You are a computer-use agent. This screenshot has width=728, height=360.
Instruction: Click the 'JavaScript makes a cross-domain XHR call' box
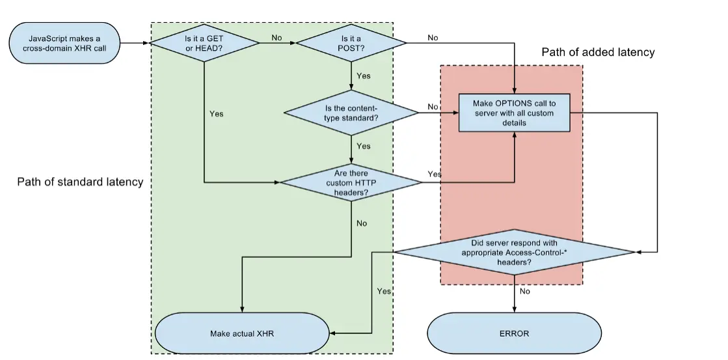pyautogui.click(x=64, y=43)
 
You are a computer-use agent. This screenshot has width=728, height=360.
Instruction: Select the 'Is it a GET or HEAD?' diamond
pyautogui.click(x=204, y=43)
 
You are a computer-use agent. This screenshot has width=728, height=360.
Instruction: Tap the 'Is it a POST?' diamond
pyautogui.click(x=351, y=43)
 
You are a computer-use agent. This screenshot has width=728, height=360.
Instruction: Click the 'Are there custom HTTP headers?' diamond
pyautogui.click(x=351, y=182)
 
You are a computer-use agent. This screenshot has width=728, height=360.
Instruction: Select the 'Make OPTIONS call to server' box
pyautogui.click(x=515, y=113)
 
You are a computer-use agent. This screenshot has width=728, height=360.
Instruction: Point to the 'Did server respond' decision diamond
pyautogui.click(x=513, y=251)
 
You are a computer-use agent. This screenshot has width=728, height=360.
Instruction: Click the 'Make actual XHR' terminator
pyautogui.click(x=242, y=333)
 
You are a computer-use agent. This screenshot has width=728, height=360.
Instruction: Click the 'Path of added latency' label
pyautogui.click(x=598, y=52)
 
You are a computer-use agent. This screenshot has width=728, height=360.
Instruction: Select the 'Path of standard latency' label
pyautogui.click(x=80, y=182)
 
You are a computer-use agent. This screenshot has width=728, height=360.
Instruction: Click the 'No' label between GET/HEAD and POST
pyautogui.click(x=276, y=38)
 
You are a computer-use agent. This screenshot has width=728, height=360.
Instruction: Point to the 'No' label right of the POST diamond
pyautogui.click(x=433, y=38)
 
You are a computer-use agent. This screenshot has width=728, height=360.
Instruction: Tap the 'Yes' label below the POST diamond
pyautogui.click(x=364, y=76)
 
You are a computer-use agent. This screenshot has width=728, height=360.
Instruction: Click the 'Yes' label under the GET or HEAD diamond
pyautogui.click(x=217, y=114)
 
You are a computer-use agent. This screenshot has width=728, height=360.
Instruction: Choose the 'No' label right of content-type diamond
pyautogui.click(x=433, y=107)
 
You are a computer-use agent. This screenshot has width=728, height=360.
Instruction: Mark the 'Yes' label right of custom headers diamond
pyautogui.click(x=435, y=174)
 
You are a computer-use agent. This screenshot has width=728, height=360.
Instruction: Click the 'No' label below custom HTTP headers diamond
pyautogui.click(x=362, y=223)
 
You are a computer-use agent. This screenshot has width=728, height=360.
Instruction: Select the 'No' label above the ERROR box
pyautogui.click(x=525, y=292)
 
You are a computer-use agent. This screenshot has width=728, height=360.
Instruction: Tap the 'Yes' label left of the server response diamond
pyautogui.click(x=384, y=291)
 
